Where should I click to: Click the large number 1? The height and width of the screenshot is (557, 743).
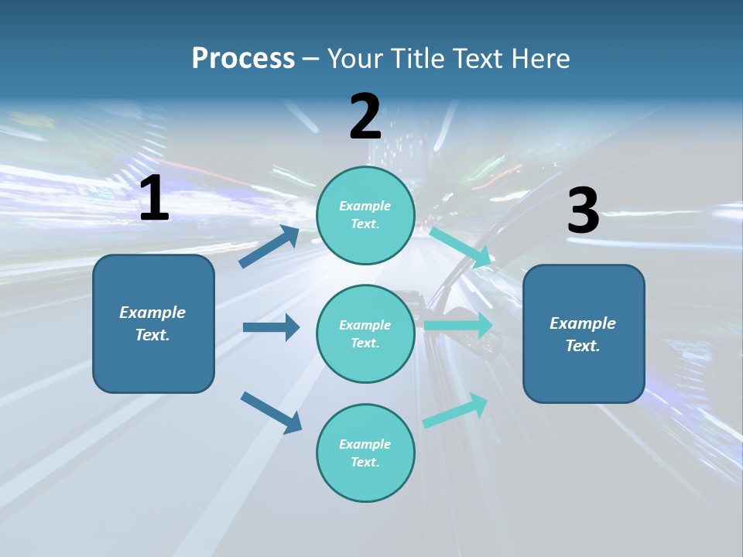tap(154, 200)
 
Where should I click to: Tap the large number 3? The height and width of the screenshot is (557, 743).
tap(583, 211)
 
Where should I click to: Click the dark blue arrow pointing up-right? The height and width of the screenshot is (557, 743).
tap(269, 247)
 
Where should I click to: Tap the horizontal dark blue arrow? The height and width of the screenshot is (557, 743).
tap(272, 327)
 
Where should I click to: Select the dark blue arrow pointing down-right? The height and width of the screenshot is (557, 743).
tap(272, 412)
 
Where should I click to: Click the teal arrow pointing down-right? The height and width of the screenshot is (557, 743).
tap(461, 246)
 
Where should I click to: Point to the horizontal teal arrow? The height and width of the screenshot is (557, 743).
tap(458, 326)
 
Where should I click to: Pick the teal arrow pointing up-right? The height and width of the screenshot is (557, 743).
tap(456, 410)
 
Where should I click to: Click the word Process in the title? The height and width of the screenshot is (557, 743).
tap(243, 58)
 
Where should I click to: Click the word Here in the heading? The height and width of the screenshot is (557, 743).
tap(539, 58)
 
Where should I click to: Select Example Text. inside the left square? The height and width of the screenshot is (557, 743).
tap(152, 323)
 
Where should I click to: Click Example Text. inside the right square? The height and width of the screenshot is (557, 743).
tap(583, 334)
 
